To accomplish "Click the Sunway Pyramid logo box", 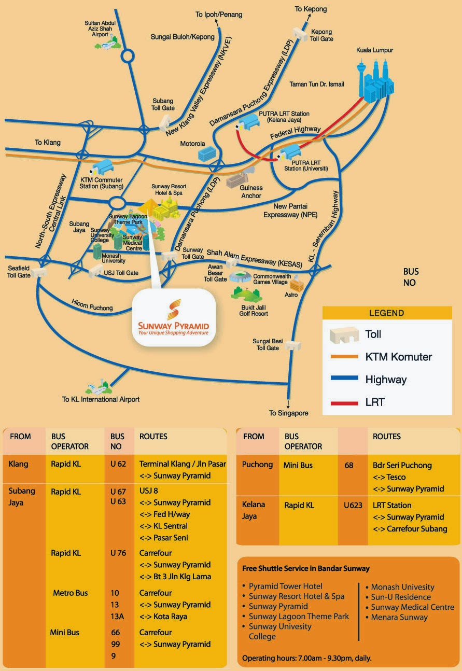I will pyautogui.click(x=173, y=317).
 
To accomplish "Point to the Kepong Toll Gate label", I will pyautogui.click(x=321, y=35).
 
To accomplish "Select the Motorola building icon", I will pyautogui.click(x=206, y=152).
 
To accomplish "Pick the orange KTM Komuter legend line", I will pyautogui.click(x=340, y=357).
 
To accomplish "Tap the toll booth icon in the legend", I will pyautogui.click(x=344, y=334).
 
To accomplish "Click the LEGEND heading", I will pyautogui.click(x=386, y=313).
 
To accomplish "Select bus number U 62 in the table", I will pyautogui.click(x=118, y=464).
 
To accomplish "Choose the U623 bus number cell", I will pyautogui.click(x=353, y=505).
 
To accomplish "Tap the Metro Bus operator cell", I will pyautogui.click(x=71, y=593).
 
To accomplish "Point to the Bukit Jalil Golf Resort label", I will pyautogui.click(x=254, y=311).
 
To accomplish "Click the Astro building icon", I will pyautogui.click(x=297, y=284).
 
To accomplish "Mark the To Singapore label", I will pyautogui.click(x=288, y=413).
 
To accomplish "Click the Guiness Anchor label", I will pyautogui.click(x=251, y=192).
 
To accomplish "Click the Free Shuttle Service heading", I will pyautogui.click(x=306, y=568).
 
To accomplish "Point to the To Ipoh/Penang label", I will pyautogui.click(x=218, y=15).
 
